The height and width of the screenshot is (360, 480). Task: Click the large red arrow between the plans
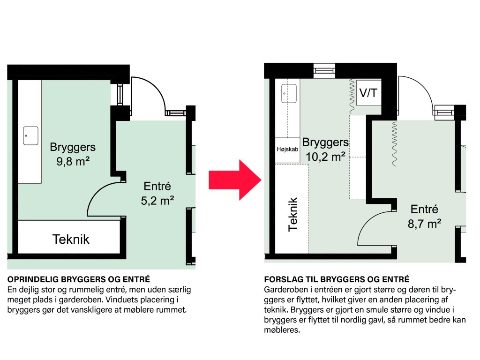tap(235, 180)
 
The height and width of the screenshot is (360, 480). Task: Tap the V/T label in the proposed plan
tap(368, 92)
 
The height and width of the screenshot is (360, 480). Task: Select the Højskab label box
tap(287, 150)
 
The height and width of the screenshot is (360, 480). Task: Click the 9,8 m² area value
tap(73, 161)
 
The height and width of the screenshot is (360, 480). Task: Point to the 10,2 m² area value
tap(326, 157)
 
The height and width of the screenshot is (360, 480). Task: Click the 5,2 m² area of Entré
tap(157, 201)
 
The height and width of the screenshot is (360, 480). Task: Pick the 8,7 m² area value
tap(424, 224)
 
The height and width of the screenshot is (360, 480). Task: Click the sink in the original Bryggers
tap(30, 135)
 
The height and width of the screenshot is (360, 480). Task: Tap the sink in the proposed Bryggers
tap(289, 94)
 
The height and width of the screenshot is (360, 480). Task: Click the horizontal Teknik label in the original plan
tap(71, 240)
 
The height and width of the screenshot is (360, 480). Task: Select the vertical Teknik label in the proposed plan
tap(293, 214)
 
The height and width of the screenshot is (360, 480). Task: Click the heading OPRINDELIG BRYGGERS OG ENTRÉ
tap(79, 279)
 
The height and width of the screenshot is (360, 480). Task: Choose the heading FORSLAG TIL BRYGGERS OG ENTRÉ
tap(337, 279)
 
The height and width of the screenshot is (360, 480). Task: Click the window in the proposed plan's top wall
tap(324, 71)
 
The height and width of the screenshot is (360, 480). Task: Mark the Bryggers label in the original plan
tap(73, 147)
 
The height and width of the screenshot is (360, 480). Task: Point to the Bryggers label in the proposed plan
tap(325, 142)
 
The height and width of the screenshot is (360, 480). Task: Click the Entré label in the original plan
tap(157, 186)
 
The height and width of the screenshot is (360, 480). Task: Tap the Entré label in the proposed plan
tap(424, 209)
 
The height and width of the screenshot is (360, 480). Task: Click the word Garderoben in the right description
tap(286, 290)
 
